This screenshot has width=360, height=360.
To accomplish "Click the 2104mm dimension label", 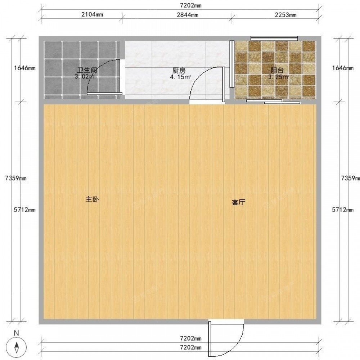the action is coord(92,15).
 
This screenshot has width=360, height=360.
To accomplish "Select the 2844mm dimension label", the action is coord(187,15).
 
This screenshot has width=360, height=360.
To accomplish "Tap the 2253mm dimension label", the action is coord(285,15).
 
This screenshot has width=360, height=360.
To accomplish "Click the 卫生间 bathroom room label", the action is coord(87,70).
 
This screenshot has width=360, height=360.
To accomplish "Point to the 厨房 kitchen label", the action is coord(179,70).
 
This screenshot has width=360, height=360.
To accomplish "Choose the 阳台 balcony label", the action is coord(277,70).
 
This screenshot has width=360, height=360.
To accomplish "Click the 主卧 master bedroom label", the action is coord(92,199).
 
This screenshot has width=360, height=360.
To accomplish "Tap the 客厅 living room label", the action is coord(239,202).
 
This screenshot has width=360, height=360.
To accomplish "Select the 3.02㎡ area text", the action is coord(85,77).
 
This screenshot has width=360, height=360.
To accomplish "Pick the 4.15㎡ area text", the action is coord(180,77).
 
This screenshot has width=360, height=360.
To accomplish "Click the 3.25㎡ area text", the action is coord(278,77).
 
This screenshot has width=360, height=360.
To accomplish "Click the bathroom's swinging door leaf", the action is coord(104,94).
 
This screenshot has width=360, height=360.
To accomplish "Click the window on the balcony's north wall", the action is coord(274,39).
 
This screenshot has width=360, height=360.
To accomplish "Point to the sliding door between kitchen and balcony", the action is coord(232,64).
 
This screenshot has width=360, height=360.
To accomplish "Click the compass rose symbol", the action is coord(16,347).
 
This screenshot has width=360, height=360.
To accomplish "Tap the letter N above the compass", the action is coord(16,333).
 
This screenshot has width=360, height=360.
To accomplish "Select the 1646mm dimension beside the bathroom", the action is coord(24,68).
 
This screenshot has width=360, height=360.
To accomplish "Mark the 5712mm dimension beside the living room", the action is coord(343,210).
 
